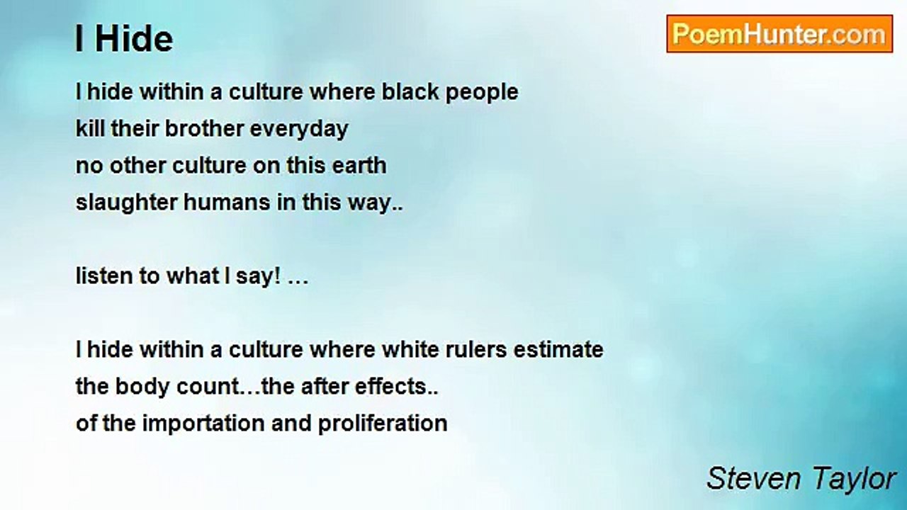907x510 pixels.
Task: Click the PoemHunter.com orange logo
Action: point(779,34)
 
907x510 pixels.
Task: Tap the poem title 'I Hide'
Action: point(124,39)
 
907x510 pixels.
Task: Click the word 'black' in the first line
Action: point(410,91)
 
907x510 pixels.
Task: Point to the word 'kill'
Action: point(90,128)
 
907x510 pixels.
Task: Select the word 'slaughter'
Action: point(126,203)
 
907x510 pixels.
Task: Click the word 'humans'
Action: point(227,202)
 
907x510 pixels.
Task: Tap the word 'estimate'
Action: point(558,349)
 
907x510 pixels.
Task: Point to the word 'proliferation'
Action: point(383,424)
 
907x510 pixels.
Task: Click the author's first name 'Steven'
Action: point(753,479)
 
